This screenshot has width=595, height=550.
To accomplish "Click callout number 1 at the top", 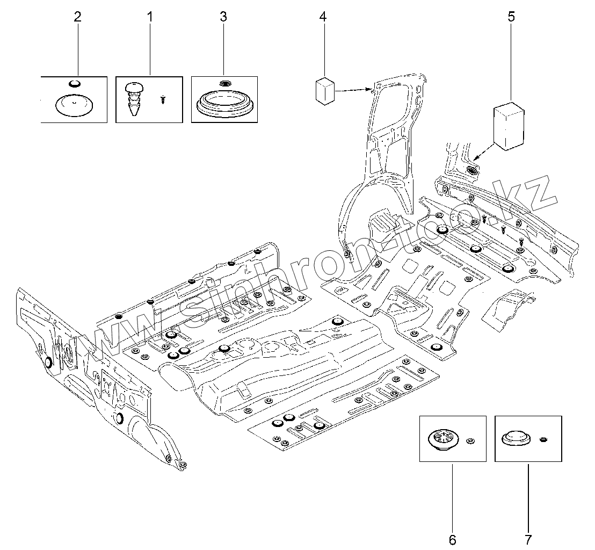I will click(150, 17).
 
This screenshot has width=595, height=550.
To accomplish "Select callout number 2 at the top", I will click(77, 17).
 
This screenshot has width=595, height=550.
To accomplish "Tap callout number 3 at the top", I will click(223, 17).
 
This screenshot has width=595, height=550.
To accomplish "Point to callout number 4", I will click(323, 17).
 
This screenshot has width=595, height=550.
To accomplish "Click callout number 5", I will click(511, 17).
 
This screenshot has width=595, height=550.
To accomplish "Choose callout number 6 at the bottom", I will click(452, 539).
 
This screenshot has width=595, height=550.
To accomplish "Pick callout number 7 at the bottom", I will click(528, 539).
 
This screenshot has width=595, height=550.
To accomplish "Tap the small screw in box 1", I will click(163, 99).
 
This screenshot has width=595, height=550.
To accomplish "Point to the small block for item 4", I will click(324, 90).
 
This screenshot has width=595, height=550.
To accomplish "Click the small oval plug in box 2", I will click(75, 83).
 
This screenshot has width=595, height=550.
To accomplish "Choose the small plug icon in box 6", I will click(470, 441).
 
